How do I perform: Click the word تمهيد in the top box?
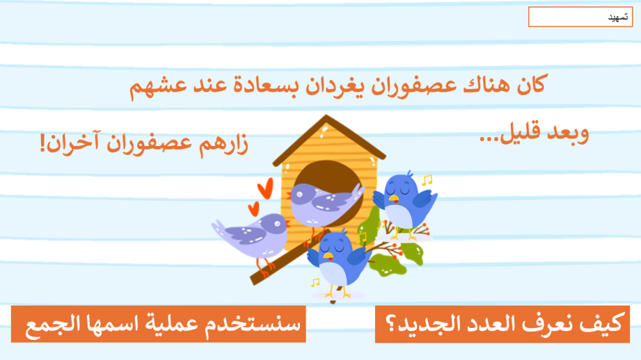pyautogui.click(x=618, y=17)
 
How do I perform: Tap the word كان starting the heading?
pyautogui.click(x=531, y=85)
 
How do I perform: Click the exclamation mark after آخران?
pyautogui.click(x=42, y=143)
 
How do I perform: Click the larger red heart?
pyautogui.click(x=265, y=189)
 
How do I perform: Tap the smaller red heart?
pyautogui.click(x=254, y=209)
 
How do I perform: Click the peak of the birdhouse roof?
pyautogui.click(x=326, y=116)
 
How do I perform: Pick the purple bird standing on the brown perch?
pyautogui.click(x=252, y=236)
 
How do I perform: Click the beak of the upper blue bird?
pyautogui.click(x=394, y=199)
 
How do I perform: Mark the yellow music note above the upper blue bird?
pyautogui.click(x=427, y=180)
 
